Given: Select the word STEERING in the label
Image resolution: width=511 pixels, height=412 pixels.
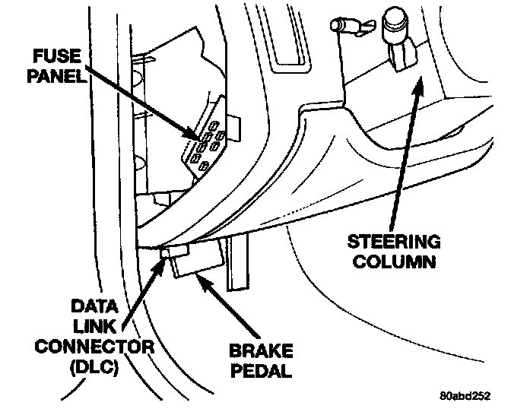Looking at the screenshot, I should click(x=394, y=242).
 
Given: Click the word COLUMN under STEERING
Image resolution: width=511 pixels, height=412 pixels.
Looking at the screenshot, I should click(x=394, y=262).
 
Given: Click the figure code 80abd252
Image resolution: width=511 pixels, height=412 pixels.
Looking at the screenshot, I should click(x=466, y=396).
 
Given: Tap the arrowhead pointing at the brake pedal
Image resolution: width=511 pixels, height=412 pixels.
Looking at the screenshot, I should click(x=200, y=278).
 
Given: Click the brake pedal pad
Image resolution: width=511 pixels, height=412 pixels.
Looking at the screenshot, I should click(x=196, y=262).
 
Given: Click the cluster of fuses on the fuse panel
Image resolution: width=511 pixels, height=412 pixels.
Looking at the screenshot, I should click(x=207, y=143).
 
